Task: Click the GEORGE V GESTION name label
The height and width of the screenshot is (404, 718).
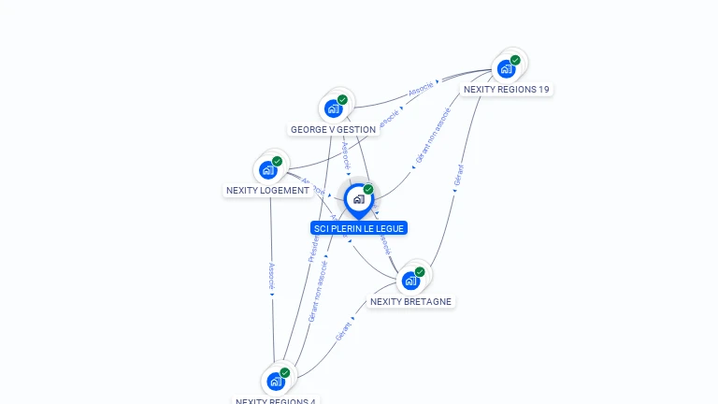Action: (x=333, y=130)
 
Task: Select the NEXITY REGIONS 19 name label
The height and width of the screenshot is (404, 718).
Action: (x=507, y=90)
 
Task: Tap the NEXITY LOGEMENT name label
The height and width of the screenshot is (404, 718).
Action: (x=267, y=191)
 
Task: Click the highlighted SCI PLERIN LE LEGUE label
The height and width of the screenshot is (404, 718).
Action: (x=359, y=228)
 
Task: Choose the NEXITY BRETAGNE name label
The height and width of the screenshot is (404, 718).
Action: (x=410, y=302)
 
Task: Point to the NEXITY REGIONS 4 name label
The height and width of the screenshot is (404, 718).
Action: (x=276, y=400)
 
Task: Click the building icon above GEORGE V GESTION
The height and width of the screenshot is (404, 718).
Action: (x=334, y=108)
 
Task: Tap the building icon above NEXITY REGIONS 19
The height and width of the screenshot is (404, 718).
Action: (x=507, y=68)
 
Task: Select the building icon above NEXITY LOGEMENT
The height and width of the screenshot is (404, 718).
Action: (x=268, y=169)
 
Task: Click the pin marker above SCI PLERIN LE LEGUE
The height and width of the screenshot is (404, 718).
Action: (x=357, y=199)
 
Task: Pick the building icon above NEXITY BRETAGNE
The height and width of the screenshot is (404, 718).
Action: (x=410, y=281)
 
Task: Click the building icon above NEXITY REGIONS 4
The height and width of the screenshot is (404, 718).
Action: (x=276, y=382)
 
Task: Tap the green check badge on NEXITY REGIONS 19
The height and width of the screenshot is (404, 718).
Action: (x=515, y=60)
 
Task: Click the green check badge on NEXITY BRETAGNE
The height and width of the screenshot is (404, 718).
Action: (x=420, y=272)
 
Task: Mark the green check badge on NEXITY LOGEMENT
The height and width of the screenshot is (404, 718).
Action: (x=278, y=161)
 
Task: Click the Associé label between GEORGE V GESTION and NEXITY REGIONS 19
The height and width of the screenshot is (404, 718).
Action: (x=421, y=92)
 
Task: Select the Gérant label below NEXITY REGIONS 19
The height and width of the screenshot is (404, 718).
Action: (x=459, y=179)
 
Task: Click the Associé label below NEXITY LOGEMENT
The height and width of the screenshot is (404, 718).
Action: (x=272, y=274)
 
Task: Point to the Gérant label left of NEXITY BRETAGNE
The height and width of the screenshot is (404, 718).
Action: (x=343, y=329)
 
